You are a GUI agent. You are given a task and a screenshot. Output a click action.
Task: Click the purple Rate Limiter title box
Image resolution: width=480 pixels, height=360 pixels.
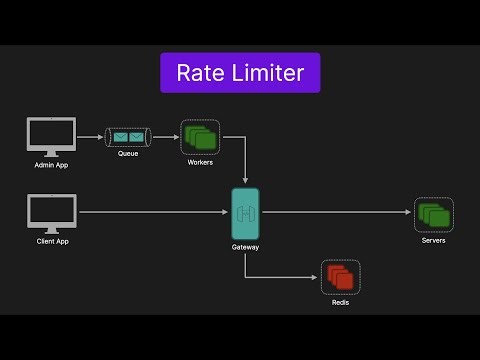pos(240,73)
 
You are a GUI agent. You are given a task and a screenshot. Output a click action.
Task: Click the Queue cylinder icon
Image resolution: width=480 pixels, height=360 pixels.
pos(128,135)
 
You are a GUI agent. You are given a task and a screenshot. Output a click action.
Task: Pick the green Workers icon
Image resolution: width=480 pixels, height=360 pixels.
pos(200,135)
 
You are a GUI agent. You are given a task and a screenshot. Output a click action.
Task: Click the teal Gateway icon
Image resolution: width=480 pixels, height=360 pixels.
pos(245,213)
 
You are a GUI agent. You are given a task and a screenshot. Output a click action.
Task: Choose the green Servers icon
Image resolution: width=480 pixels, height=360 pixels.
pos(434,214)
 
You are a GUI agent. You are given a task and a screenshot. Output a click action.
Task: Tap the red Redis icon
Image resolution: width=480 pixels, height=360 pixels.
pos(340,277)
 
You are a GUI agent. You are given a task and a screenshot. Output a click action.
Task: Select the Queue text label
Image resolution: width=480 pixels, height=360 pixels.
pos(128,155)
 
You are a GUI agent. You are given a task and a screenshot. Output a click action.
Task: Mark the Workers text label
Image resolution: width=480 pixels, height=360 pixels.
pos(200,162)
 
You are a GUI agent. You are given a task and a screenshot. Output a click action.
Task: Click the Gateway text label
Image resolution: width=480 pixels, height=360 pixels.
pos(245,246)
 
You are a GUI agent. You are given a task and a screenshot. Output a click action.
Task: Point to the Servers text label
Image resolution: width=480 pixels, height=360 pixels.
pos(434,241)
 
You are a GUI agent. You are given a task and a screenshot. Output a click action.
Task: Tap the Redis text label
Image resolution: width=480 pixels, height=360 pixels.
pos(340,303)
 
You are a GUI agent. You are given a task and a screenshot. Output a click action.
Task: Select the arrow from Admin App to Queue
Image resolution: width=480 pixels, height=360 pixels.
pos(92,136)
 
